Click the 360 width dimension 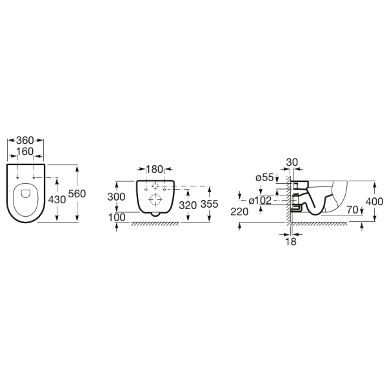(x=25, y=141)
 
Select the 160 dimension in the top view (x=25, y=152)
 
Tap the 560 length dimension (x=77, y=193)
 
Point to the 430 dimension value (x=57, y=200)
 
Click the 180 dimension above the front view (x=155, y=169)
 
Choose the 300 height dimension (x=116, y=197)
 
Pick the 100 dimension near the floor (x=117, y=217)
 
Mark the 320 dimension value (x=188, y=205)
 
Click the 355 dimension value (x=210, y=204)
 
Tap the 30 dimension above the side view (x=292, y=163)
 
